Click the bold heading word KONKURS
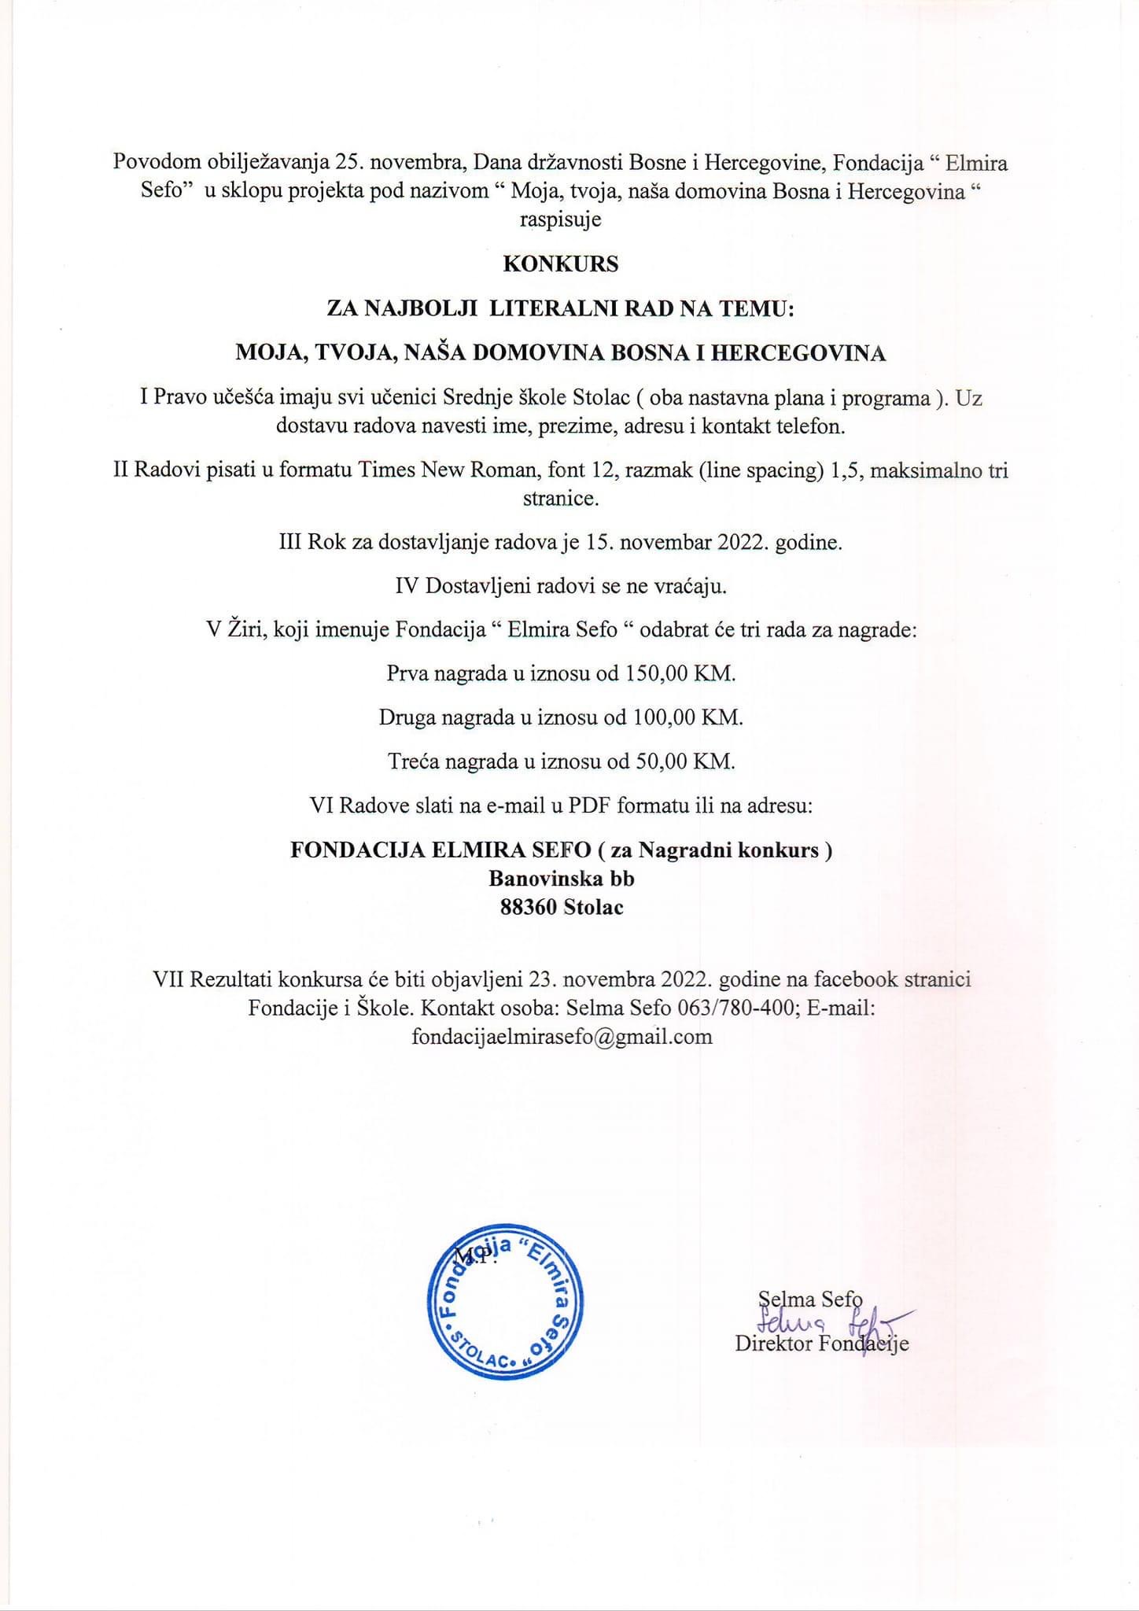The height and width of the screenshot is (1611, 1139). (560, 264)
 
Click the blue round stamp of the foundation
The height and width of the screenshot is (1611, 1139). (504, 1301)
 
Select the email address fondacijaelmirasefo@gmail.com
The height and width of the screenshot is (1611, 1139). (562, 1036)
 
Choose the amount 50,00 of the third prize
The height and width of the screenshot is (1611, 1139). (658, 761)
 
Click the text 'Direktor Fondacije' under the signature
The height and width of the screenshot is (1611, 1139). (821, 1343)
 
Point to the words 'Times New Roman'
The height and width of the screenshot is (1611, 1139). (438, 470)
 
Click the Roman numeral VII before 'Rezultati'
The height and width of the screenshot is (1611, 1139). (168, 979)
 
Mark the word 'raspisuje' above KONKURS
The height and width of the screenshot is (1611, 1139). (560, 219)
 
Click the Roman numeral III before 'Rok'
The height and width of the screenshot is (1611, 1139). (290, 543)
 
